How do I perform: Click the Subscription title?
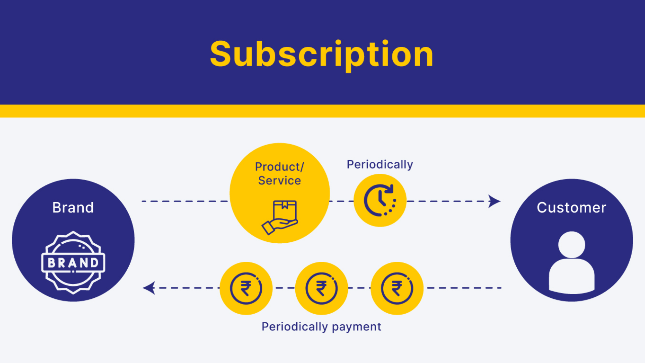pos(322,55)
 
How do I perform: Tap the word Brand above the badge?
pos(73,207)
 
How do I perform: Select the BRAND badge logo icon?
pos(73,263)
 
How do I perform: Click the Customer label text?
pos(571,207)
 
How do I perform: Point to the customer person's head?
pos(571,245)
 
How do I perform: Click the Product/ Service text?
pos(279,173)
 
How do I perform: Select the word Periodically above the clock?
pos(380,164)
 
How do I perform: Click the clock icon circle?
pos(380,200)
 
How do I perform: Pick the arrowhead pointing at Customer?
pos(494,201)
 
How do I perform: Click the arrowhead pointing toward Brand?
pos(149,288)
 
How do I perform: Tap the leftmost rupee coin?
pos(246,288)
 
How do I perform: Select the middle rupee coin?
pos(321,288)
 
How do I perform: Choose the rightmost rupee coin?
pos(397,288)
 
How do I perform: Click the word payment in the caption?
pos(356,327)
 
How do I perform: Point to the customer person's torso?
pos(571,276)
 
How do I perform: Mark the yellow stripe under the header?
pos(322,111)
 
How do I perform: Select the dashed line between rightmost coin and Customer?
pos(464,288)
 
